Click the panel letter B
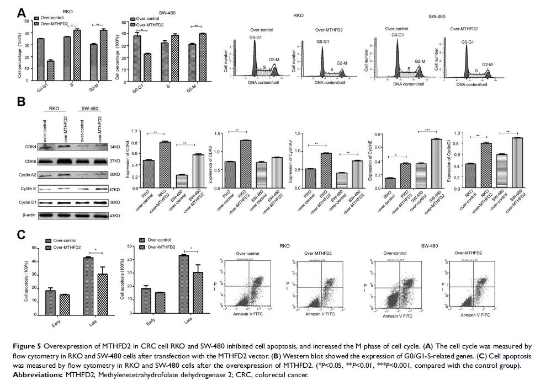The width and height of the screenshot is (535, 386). [x=21, y=102]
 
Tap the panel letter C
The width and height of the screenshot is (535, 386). [x=21, y=234]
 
